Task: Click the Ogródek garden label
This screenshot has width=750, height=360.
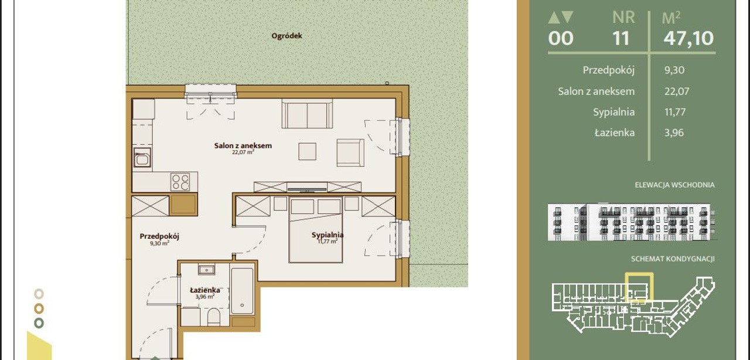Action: (x=287, y=36)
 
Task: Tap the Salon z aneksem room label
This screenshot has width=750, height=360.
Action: (x=243, y=145)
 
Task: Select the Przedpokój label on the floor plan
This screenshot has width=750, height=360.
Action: (x=159, y=236)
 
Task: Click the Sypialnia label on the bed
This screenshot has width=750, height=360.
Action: (x=328, y=235)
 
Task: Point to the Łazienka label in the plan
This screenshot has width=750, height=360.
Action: (x=205, y=290)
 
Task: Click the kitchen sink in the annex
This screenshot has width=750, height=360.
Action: (x=142, y=158)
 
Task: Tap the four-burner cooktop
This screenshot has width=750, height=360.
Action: (x=180, y=182)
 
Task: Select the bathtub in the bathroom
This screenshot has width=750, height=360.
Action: (x=242, y=290)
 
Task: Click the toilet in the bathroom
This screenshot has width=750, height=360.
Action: (x=214, y=317)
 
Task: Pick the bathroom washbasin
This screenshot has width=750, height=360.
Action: (x=206, y=269)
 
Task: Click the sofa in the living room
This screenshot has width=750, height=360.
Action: (x=307, y=114)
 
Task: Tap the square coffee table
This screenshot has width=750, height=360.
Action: (x=308, y=151)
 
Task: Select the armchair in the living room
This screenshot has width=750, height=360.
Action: (x=350, y=153)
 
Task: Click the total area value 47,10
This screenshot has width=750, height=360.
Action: (x=688, y=38)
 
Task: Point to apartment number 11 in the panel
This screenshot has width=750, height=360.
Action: (x=621, y=38)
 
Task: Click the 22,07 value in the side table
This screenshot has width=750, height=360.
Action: (x=677, y=91)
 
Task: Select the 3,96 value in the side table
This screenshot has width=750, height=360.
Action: (x=674, y=133)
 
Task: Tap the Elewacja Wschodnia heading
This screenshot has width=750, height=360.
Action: (x=674, y=185)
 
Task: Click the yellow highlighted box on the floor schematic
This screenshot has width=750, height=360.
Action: (x=639, y=274)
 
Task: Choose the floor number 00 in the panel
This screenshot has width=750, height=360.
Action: (x=561, y=38)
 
